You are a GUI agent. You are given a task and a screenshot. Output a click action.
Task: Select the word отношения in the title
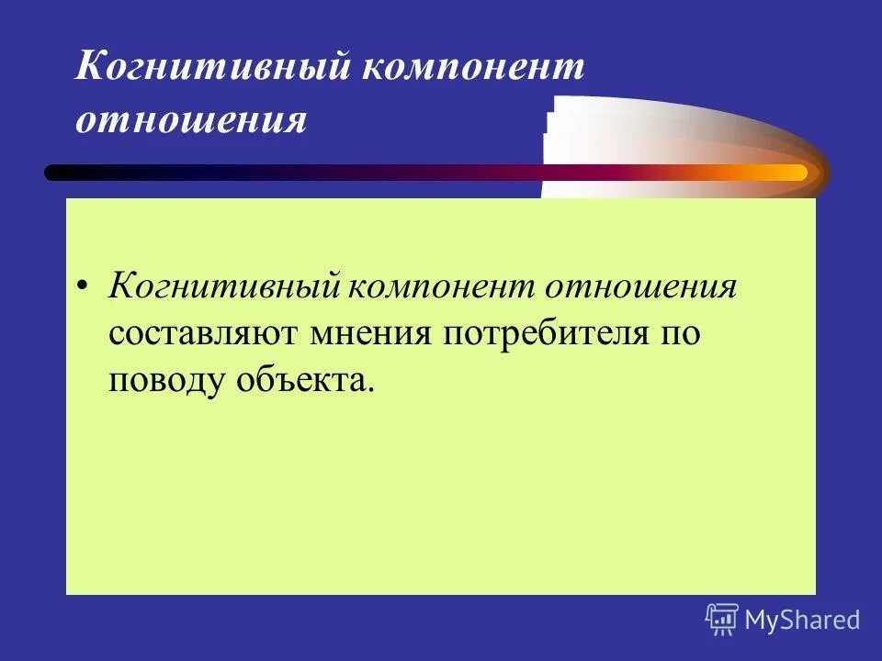coord(190,120)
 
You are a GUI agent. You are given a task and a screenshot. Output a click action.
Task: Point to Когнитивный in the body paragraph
coord(224,286)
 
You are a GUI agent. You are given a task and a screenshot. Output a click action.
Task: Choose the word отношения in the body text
coord(642,286)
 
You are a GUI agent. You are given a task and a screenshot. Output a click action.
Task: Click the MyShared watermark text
coord(802,620)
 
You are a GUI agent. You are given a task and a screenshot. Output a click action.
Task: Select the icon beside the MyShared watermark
coord(722,619)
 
